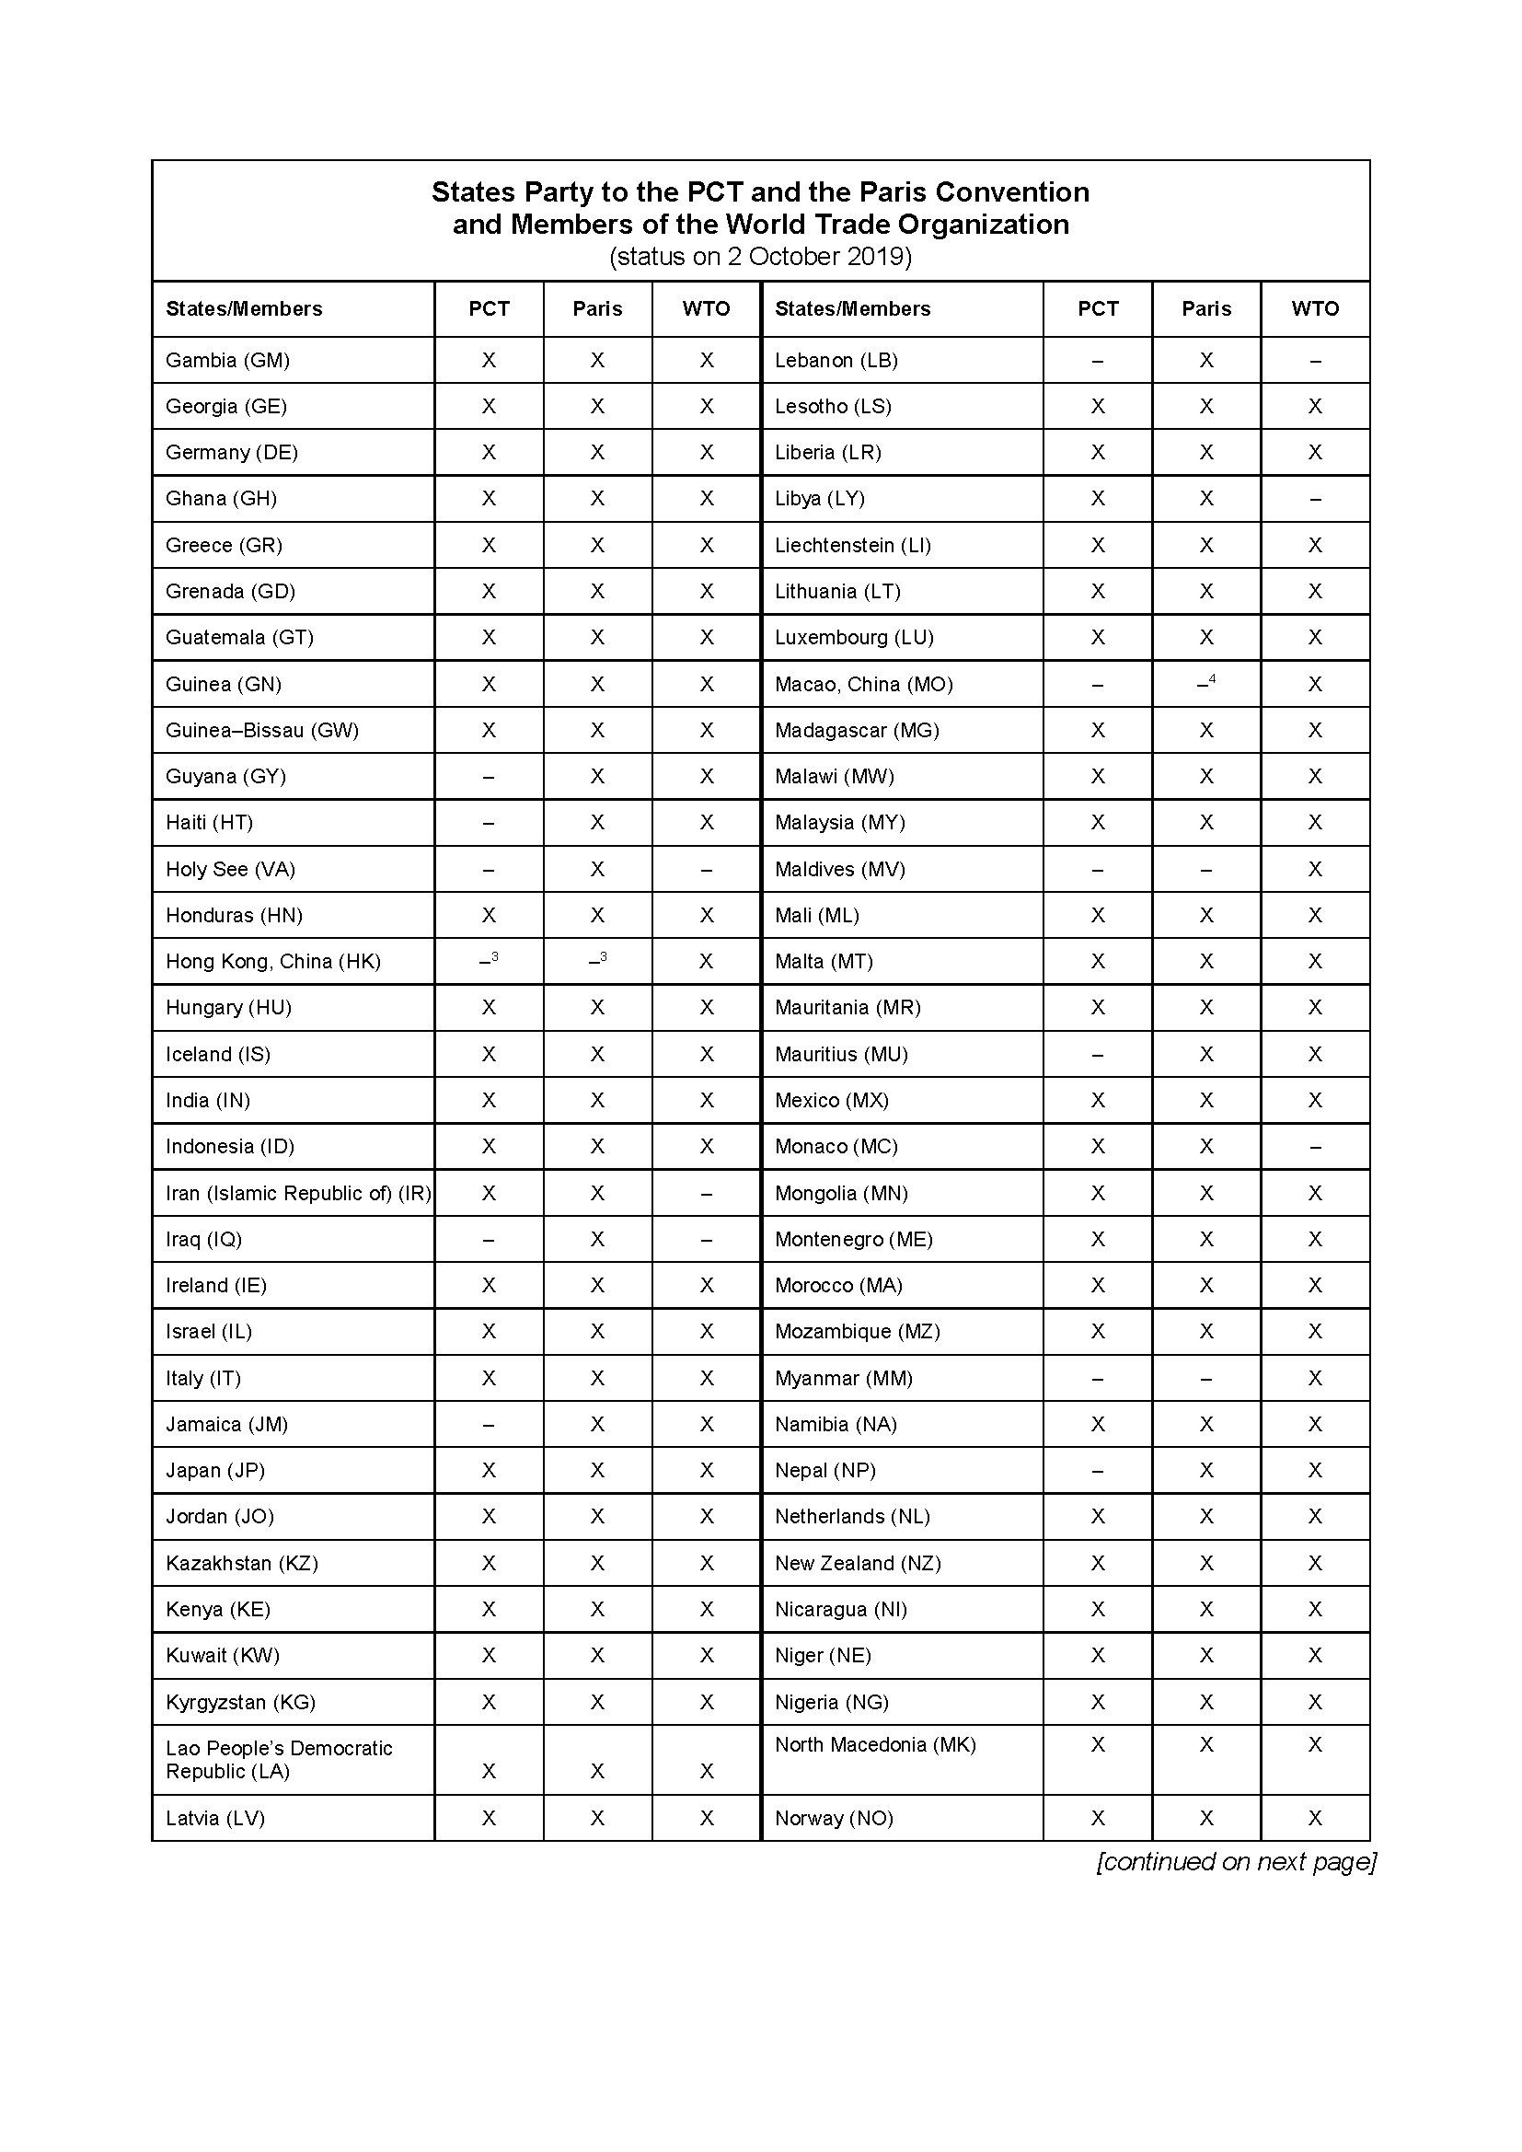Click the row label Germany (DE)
pyautogui.click(x=232, y=453)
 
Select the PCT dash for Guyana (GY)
pyautogui.click(x=489, y=777)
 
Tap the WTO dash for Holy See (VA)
pyautogui.click(x=707, y=870)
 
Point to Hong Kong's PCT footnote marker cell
pyautogui.click(x=490, y=961)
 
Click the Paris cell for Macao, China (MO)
pyautogui.click(x=1206, y=684)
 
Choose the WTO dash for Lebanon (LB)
pyautogui.click(x=1315, y=361)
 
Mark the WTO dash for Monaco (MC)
pyautogui.click(x=1315, y=1147)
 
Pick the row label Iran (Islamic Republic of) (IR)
pyautogui.click(x=298, y=1193)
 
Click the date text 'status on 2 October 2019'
pyautogui.click(x=760, y=257)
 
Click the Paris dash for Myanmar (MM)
pyautogui.click(x=1206, y=1379)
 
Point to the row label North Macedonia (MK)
pyautogui.click(x=875, y=1745)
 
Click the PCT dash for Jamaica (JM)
pyautogui.click(x=489, y=1425)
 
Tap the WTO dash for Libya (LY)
pyautogui.click(x=1315, y=500)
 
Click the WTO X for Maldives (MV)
pyautogui.click(x=1315, y=870)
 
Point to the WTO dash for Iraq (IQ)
pyautogui.click(x=707, y=1240)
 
